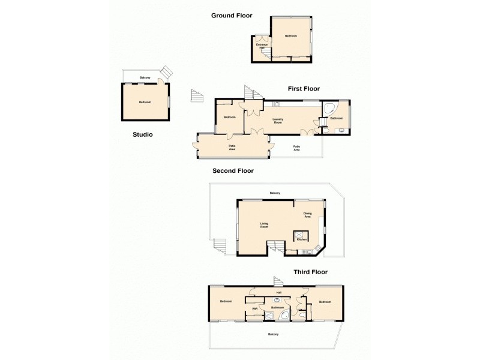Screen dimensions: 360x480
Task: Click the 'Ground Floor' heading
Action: [232, 15]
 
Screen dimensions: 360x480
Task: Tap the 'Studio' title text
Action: [142, 135]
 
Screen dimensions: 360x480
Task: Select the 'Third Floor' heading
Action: [310, 272]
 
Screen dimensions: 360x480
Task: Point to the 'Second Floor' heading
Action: [233, 170]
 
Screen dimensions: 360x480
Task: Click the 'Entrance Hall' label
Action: [262, 46]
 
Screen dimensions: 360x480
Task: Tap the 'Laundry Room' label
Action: [278, 120]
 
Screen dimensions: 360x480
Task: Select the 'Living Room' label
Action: [264, 225]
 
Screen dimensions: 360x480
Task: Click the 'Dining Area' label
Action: [307, 215]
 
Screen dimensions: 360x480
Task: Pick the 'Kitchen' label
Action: [302, 239]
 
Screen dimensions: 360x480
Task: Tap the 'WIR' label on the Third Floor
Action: [254, 309]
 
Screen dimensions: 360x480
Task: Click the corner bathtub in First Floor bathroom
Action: [330, 109]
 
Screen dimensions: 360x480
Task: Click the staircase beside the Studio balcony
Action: [167, 71]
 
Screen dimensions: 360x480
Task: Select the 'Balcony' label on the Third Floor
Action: [273, 334]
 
